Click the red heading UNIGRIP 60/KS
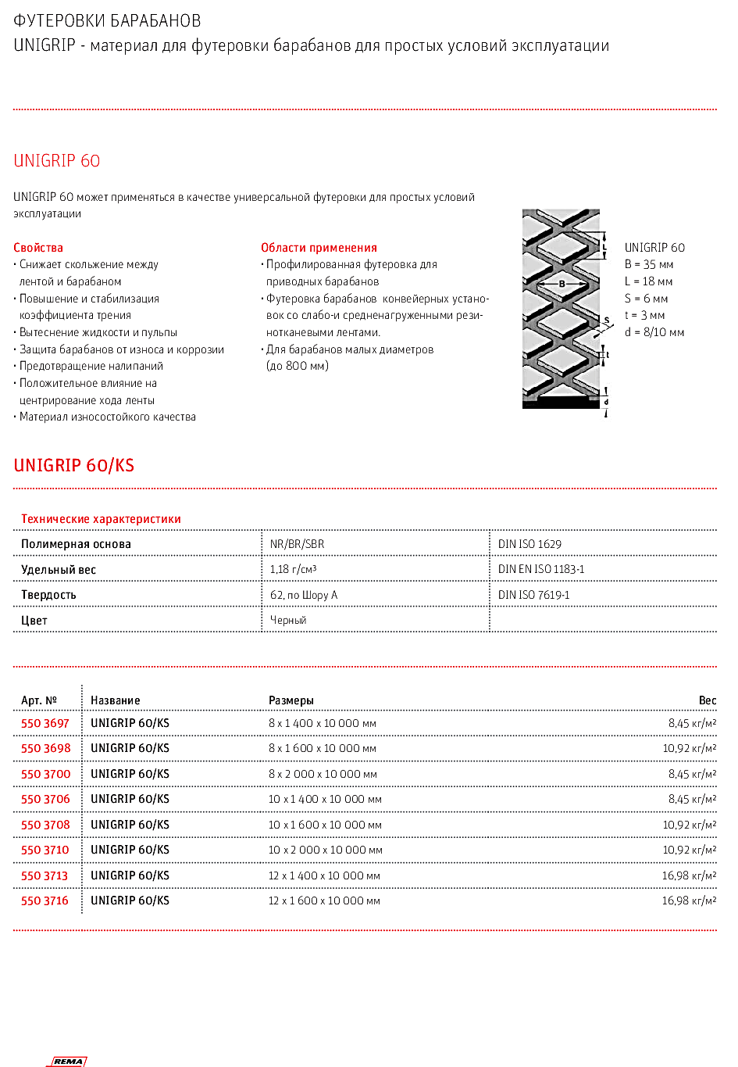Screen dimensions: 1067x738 74,466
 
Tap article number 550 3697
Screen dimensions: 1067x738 45,723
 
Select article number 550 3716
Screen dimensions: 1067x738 45,901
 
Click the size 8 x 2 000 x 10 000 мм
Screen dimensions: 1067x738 323,774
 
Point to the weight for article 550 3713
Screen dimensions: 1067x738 689,875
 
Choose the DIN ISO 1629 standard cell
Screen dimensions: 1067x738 529,544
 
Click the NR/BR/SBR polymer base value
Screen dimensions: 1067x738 297,544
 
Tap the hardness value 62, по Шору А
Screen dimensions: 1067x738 304,595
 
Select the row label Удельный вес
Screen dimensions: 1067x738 59,570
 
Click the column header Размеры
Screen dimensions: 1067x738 291,700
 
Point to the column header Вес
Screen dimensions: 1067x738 708,700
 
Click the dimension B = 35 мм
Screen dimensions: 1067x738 649,264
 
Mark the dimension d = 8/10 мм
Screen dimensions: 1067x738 654,332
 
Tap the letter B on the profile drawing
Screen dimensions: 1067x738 562,284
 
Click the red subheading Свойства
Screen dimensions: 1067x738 38,248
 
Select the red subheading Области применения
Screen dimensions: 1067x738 319,248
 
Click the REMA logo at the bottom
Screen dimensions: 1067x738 68,1061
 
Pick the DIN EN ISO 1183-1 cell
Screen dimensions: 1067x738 541,569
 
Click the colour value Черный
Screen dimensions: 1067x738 288,620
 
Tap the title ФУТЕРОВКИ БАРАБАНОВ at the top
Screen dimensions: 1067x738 107,21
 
